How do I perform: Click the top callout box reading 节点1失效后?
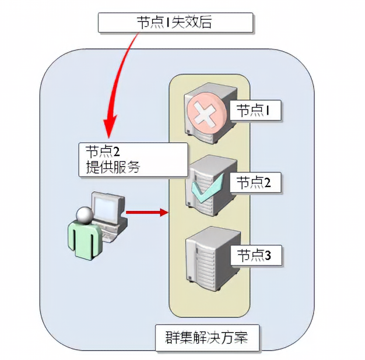pyautogui.click(x=176, y=23)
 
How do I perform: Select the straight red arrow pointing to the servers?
pyautogui.click(x=146, y=212)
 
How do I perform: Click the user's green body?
pyautogui.click(x=85, y=242)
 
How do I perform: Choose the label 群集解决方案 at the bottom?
pyautogui.click(x=207, y=338)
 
